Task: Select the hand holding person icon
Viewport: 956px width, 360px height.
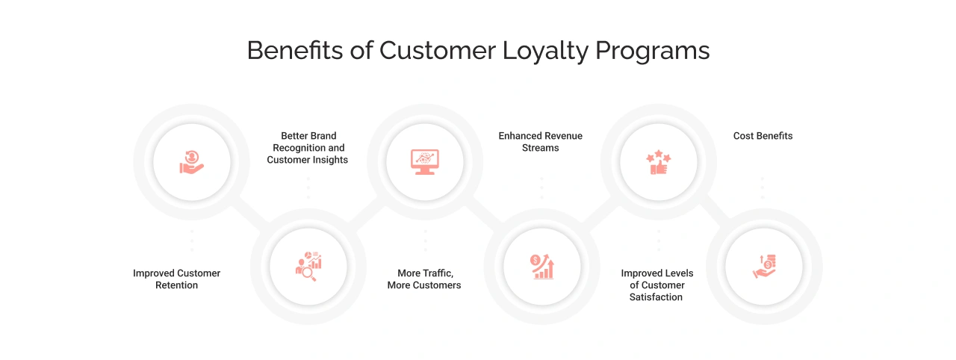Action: point(192,162)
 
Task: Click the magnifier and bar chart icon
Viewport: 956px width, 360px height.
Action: point(308,267)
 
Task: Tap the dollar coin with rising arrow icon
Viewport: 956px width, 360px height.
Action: point(541,267)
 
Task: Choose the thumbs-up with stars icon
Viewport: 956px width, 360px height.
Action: point(659,162)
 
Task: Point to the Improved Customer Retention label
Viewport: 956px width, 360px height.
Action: point(177,279)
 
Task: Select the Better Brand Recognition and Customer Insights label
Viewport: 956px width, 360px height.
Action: point(308,148)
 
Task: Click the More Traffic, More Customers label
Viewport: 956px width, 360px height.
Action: point(424,279)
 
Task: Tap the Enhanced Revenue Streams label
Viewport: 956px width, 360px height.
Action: point(541,142)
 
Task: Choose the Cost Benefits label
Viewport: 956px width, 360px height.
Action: point(763,136)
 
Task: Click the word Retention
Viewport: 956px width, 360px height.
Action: point(177,285)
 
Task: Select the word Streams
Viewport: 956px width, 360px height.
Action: point(541,148)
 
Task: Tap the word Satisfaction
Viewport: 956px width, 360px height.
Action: point(656,297)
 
